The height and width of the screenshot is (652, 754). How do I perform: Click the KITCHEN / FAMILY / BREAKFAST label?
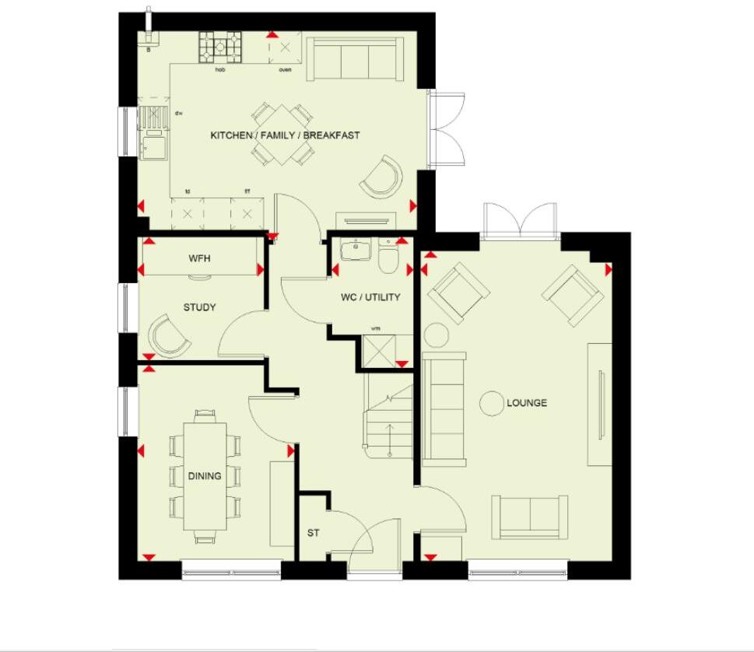coord(285,135)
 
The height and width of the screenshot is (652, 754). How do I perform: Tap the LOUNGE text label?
coord(527,403)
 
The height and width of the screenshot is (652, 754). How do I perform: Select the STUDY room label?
coord(199,307)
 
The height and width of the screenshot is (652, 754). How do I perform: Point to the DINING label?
coord(205,476)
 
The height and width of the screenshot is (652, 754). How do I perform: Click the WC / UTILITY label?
coord(370,297)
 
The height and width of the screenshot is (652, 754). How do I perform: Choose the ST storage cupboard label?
coord(313,534)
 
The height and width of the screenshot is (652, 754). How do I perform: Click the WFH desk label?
coord(200,258)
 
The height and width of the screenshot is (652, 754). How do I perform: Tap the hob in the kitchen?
coord(220,47)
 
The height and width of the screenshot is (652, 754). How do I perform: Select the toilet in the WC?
coord(388,258)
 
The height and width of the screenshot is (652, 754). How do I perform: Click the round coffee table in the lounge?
coord(491,403)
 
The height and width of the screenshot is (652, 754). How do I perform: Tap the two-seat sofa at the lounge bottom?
coord(530,516)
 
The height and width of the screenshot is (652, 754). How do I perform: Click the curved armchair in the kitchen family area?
coord(382,177)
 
